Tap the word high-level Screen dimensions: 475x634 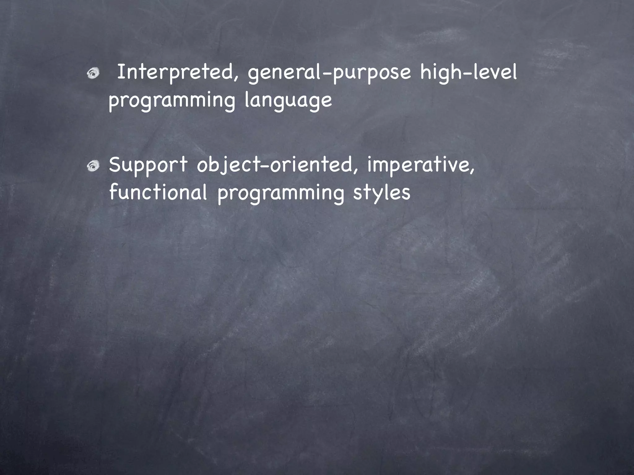point(468,73)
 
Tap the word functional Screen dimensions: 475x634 point(158,192)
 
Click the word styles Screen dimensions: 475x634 point(381,193)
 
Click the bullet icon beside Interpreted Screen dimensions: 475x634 point(93,73)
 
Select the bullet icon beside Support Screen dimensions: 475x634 point(93,167)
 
